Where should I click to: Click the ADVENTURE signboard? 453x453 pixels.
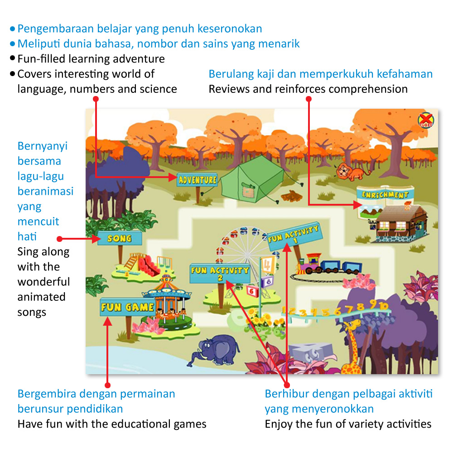tap(198, 180)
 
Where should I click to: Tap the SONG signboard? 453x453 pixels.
tap(120, 238)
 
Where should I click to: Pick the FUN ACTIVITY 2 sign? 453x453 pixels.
tap(220, 273)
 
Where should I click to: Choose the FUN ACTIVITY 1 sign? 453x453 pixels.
tap(294, 235)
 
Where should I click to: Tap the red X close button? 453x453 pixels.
tap(426, 120)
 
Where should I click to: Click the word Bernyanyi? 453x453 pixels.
tap(43, 146)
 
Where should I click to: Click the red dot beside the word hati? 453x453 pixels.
tap(59, 238)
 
